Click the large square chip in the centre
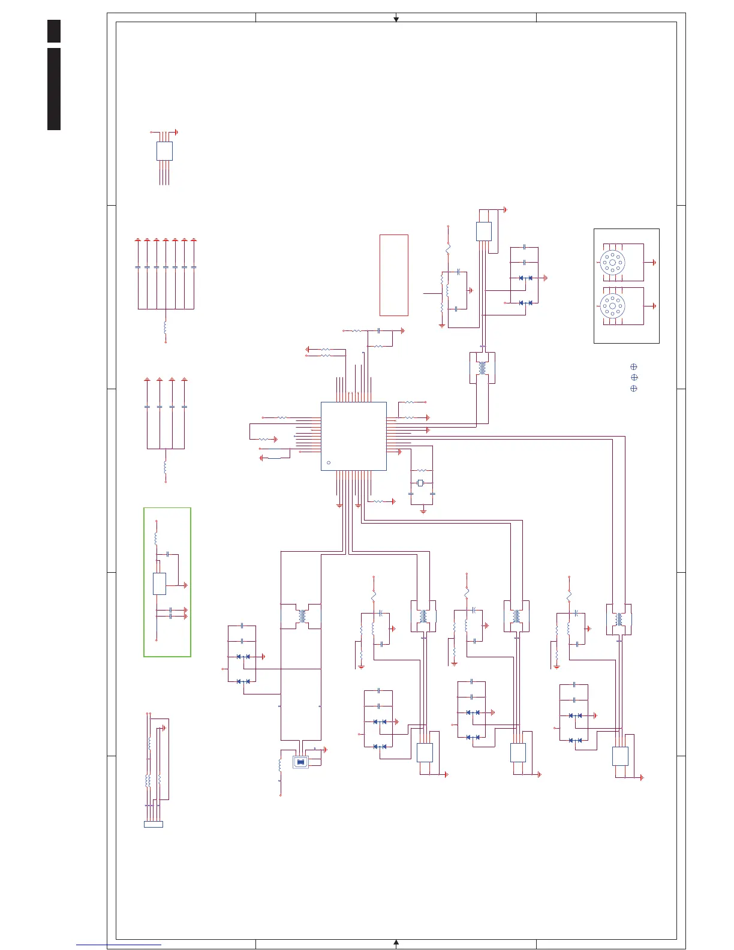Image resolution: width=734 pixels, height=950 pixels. tap(353, 436)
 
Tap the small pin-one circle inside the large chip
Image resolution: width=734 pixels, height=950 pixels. tap(328, 463)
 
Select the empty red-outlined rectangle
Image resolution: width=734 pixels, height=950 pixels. tap(393, 275)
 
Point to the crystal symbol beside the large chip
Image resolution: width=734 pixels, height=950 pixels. tap(420, 483)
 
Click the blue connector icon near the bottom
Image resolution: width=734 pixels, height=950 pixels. tap(300, 762)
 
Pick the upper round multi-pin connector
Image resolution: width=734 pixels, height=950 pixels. tap(612, 263)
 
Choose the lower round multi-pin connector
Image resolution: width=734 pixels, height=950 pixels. tap(612, 306)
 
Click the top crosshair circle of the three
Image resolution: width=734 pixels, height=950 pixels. tap(633, 366)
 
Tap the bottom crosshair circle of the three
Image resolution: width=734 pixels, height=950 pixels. tap(633, 389)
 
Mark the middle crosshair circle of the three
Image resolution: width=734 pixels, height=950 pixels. tap(633, 377)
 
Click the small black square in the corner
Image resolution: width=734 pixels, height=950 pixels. tap(54, 31)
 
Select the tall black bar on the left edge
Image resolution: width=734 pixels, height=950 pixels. tap(54, 89)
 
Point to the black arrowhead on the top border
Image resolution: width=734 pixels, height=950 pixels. tap(396, 20)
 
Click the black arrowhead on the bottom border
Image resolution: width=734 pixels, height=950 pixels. tap(396, 942)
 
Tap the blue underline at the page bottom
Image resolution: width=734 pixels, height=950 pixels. tap(118, 945)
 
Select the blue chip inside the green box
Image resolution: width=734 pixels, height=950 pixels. tap(159, 584)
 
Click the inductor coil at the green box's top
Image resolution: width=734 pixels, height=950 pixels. tap(156, 539)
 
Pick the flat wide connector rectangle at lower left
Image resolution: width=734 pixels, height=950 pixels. tap(153, 824)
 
